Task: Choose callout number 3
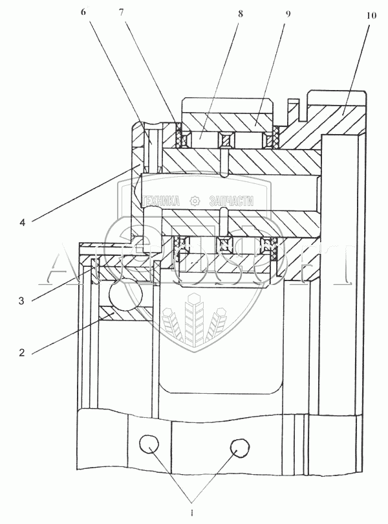pyautogui.click(x=21, y=301)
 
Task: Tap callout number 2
pyautogui.click(x=21, y=353)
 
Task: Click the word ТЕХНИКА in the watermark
pyautogui.click(x=160, y=201)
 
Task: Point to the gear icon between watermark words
pyautogui.click(x=194, y=201)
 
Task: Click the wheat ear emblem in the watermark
pyautogui.click(x=194, y=317)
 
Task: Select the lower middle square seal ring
pyautogui.click(x=226, y=245)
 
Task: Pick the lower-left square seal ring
pyautogui.click(x=183, y=245)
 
